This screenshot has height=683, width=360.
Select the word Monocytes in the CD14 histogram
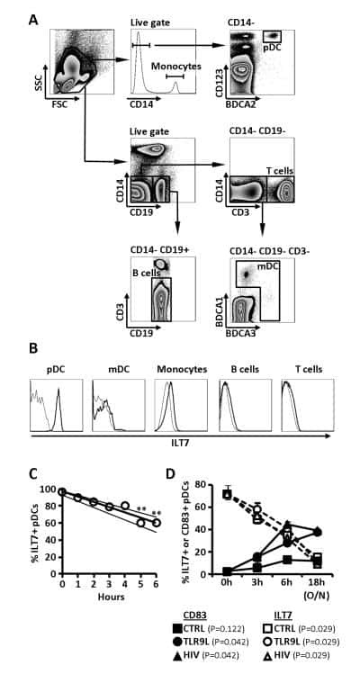point(176,67)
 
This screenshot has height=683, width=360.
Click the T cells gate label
point(280,170)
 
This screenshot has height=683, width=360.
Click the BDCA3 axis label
point(243,334)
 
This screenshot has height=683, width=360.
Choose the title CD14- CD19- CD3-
point(262,250)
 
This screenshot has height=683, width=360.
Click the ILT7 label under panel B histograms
point(181,443)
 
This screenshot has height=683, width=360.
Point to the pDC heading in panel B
point(56,369)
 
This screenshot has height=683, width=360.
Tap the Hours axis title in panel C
point(111,597)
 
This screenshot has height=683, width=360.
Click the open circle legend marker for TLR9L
point(269,653)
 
